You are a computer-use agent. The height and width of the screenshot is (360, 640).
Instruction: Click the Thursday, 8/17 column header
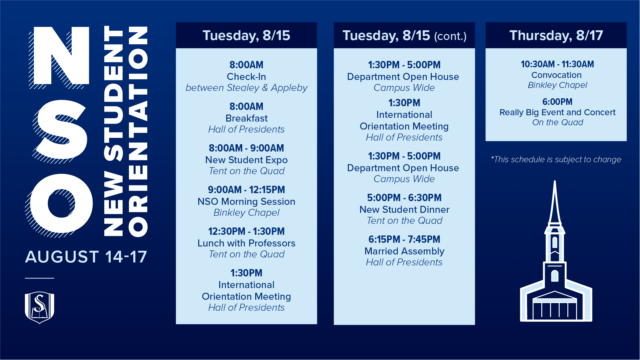556,35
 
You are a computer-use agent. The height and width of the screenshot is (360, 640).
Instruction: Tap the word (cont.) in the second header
450,36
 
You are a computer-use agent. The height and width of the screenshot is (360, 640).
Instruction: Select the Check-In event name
247,77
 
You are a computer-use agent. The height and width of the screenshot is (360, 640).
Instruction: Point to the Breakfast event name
247,118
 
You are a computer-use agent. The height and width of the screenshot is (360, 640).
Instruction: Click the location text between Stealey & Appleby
247,88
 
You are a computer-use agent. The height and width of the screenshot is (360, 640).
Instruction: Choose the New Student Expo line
247,160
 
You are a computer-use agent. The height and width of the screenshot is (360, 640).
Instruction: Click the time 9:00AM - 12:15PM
247,189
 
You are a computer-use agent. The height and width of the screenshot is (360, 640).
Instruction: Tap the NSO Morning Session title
247,201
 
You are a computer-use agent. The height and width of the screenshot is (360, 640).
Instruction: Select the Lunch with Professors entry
247,243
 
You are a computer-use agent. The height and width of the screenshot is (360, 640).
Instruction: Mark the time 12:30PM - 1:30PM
247,231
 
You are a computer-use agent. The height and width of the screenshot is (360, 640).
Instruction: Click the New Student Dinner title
404,209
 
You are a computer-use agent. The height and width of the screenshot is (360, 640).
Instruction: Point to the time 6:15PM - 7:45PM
404,239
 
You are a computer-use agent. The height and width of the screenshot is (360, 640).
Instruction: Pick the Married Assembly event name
404,251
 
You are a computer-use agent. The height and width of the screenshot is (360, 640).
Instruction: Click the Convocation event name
556,75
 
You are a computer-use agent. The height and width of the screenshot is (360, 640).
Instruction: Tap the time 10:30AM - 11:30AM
557,64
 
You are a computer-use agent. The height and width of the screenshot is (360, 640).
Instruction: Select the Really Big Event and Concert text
557,112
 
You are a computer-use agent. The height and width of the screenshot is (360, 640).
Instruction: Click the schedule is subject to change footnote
556,160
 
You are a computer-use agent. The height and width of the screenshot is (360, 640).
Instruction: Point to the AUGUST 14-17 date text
86,257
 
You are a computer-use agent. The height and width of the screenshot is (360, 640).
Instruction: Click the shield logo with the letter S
40,307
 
